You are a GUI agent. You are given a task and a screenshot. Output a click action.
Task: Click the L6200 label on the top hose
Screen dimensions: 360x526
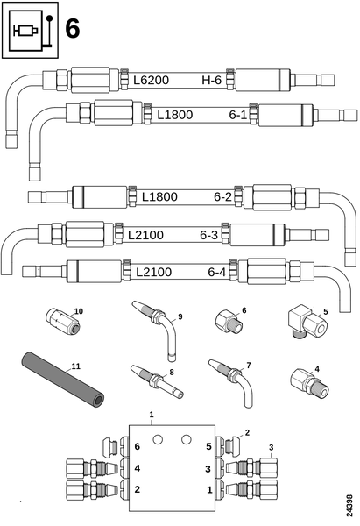(x=151, y=80)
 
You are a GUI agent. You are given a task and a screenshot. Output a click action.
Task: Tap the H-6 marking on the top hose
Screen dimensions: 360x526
(x=211, y=80)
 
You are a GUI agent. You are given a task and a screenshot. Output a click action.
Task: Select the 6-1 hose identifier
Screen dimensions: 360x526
(x=238, y=115)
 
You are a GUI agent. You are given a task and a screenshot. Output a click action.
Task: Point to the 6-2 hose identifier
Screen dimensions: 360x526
(x=222, y=196)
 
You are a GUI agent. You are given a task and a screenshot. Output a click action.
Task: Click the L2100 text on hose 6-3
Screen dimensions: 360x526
(x=145, y=235)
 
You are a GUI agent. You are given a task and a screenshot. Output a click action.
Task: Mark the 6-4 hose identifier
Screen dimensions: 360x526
(x=217, y=272)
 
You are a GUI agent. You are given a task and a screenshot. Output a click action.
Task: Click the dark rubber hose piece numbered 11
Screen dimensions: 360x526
(x=63, y=379)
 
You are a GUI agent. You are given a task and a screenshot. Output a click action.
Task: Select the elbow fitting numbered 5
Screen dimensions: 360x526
(x=307, y=322)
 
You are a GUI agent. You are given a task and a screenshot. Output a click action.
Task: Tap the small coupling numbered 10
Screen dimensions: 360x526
(x=63, y=322)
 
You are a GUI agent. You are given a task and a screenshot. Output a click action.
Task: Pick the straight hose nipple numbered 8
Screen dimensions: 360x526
(x=157, y=381)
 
